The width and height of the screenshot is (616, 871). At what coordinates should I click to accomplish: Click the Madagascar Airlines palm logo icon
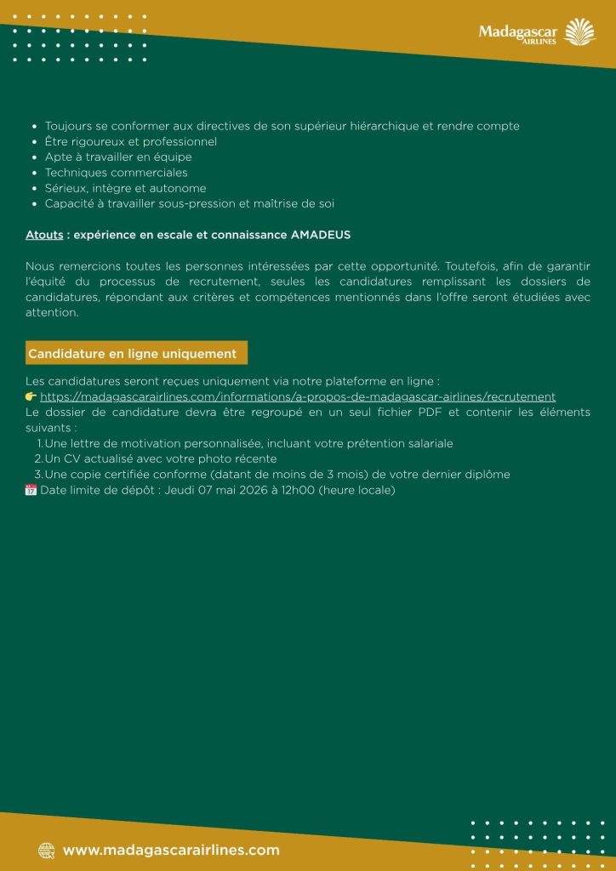coord(581,31)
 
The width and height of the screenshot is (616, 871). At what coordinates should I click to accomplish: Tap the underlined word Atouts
coord(44,234)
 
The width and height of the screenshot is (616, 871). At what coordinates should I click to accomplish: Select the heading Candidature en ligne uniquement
coord(133,353)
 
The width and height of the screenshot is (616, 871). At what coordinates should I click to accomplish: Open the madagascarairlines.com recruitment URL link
coord(298,396)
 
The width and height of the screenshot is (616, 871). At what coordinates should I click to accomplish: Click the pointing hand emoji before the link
coord(31,396)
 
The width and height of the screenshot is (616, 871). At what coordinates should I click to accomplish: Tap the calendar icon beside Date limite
coord(31,490)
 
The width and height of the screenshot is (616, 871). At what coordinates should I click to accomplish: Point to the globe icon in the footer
coord(47,850)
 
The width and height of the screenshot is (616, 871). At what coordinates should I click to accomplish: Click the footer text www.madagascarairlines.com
coord(171,850)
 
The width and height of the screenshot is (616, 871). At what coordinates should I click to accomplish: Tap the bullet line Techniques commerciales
coord(117,173)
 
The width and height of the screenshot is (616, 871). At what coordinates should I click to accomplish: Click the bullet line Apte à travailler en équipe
coord(118,157)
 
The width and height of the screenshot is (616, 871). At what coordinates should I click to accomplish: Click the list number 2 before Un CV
coord(38,458)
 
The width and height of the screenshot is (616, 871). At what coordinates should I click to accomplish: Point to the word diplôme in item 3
coord(488,475)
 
